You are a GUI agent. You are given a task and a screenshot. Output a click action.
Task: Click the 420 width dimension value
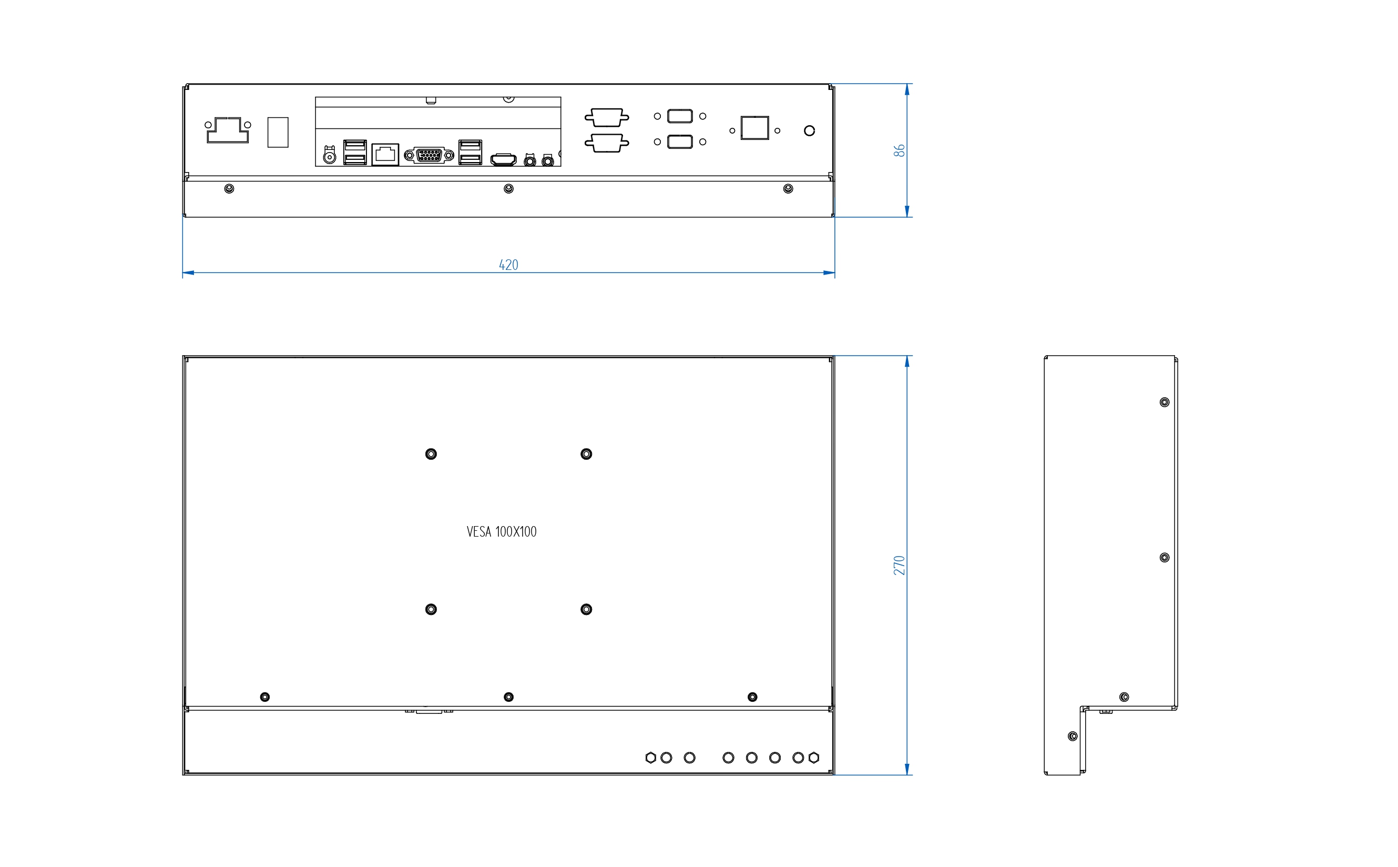508,265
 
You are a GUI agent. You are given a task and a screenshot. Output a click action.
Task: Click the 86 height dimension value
899,150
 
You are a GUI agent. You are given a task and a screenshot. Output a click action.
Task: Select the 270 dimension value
899,565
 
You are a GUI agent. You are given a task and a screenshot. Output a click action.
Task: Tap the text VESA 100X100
502,531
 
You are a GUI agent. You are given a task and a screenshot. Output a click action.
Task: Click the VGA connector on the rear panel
429,155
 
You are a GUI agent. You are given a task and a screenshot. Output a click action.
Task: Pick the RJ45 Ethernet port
385,154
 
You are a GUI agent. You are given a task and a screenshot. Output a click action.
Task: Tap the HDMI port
503,159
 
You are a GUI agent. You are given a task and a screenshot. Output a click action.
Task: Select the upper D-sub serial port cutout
607,117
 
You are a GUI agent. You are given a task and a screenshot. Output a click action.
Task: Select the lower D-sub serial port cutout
607,143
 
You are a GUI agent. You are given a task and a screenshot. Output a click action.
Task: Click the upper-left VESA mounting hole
431,454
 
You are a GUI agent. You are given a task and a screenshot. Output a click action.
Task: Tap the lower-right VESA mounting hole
586,609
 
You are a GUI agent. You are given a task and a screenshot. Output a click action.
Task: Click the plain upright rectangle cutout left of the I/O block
278,133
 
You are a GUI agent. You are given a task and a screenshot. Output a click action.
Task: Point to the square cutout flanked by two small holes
754,128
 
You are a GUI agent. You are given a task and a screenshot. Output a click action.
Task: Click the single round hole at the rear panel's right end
809,131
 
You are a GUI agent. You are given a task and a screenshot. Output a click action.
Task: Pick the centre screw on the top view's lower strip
508,189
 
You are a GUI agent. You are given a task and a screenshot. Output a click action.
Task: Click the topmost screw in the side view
1164,402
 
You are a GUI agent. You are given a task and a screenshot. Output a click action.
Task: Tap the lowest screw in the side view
1073,736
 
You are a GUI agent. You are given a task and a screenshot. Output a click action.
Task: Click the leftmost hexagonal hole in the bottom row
650,758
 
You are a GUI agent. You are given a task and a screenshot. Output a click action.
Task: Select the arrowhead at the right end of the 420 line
829,273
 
